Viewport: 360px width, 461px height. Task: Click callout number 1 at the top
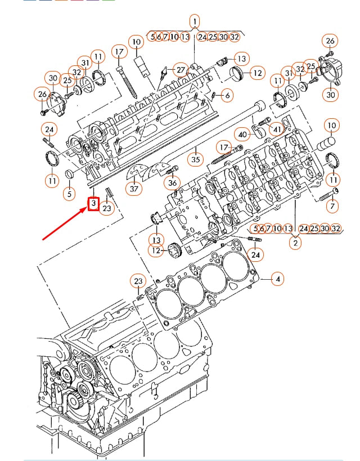194,21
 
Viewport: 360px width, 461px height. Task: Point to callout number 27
180,69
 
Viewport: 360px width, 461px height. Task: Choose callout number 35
195,159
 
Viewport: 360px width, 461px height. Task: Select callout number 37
134,189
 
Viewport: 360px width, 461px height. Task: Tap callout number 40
243,134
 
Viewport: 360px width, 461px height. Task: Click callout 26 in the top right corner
330,41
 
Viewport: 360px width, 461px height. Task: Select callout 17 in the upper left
119,52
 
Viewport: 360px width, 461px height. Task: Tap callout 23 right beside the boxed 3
107,208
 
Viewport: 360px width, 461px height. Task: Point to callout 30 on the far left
53,78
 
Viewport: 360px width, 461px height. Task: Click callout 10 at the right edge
331,124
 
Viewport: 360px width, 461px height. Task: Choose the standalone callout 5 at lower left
69,194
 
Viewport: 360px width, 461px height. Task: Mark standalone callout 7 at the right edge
332,206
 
